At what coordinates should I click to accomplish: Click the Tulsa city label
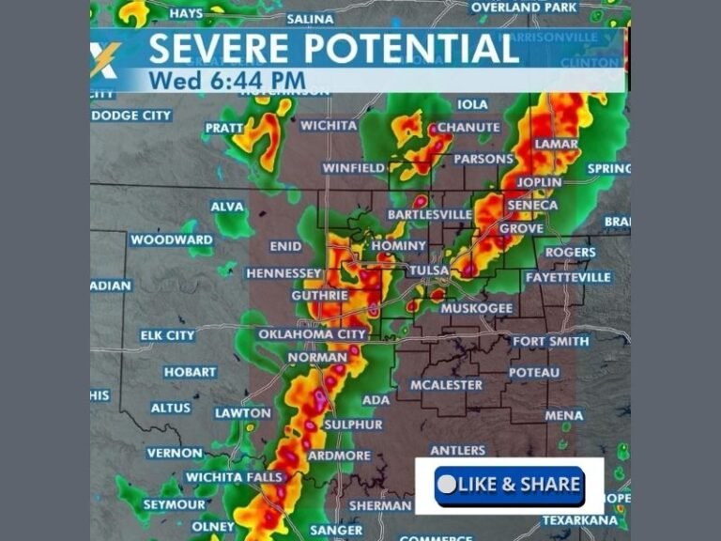429,270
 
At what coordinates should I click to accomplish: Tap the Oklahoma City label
312,333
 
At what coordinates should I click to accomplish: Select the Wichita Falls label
233,477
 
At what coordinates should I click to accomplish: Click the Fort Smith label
550,340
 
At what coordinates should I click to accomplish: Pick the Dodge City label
131,116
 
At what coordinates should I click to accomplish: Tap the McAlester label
446,385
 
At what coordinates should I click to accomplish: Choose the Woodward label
171,240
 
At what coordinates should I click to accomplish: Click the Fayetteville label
568,277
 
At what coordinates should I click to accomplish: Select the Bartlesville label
430,215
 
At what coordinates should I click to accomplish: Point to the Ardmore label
339,456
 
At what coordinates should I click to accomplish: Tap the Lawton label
242,412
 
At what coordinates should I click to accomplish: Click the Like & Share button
510,485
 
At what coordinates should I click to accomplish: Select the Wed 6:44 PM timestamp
226,81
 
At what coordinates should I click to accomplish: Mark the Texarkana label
579,520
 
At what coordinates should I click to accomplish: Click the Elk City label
167,335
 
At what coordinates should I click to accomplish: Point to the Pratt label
224,128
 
